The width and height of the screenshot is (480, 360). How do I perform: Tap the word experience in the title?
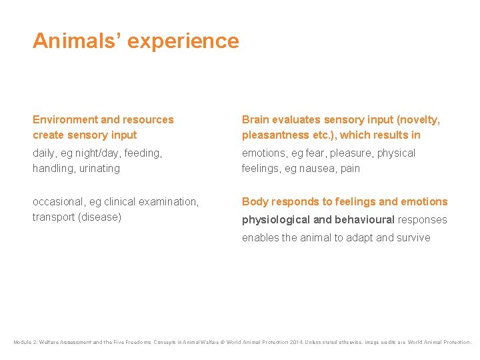pyautogui.click(x=183, y=41)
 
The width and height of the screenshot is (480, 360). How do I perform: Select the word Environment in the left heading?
pyautogui.click(x=65, y=120)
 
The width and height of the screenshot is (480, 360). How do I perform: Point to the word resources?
pyautogui.click(x=148, y=120)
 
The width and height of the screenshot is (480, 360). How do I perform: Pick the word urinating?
pyautogui.click(x=99, y=169)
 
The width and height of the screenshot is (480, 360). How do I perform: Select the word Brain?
pyautogui.click(x=257, y=120)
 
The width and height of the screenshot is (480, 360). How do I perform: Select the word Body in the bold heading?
pyautogui.click(x=255, y=202)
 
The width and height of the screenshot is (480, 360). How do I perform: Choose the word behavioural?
pyautogui.click(x=366, y=220)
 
